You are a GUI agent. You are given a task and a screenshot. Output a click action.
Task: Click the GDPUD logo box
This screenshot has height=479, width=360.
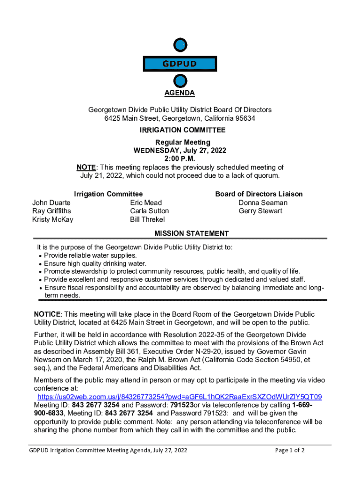coord(180,64)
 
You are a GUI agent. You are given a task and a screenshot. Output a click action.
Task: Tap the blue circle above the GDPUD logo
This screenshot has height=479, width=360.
coord(180,45)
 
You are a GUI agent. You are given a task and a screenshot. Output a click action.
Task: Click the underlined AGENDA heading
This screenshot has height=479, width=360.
coord(180,93)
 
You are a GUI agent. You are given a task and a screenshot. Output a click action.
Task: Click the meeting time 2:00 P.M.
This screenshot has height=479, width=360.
coord(180,159)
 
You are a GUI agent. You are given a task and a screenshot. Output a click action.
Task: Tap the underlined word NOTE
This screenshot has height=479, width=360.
coord(86,167)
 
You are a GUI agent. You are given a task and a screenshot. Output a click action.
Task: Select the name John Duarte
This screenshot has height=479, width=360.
coord(51,203)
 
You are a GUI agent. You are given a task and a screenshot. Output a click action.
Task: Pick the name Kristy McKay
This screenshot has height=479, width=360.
coord(52,219)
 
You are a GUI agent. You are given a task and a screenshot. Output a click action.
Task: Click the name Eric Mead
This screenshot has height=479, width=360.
coord(146,203)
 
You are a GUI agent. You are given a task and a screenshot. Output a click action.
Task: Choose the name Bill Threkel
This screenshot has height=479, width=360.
coord(147,219)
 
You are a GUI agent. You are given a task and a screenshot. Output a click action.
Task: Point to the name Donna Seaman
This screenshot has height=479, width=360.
coord(263,203)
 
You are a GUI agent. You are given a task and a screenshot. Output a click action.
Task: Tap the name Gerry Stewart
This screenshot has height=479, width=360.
coord(260,211)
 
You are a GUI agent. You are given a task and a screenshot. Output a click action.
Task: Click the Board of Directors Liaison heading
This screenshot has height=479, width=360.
coord(259,194)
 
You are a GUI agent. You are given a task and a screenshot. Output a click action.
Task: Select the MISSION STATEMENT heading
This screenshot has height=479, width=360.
coord(192,233)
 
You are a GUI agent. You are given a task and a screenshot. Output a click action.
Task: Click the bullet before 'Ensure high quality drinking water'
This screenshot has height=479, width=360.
coord(40,264)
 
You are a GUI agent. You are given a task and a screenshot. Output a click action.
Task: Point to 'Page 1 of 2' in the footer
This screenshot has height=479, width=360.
coord(290,450)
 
